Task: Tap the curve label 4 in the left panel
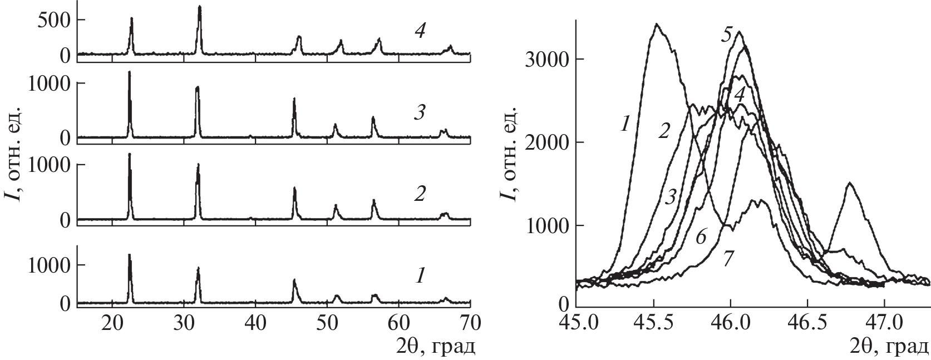pyautogui.click(x=420, y=32)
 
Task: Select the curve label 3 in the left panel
pyautogui.click(x=420, y=114)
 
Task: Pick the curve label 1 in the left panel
pyautogui.click(x=421, y=275)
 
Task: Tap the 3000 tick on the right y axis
pyautogui.click(x=550, y=60)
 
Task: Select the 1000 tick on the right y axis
pyautogui.click(x=550, y=225)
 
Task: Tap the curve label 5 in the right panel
pyautogui.click(x=726, y=36)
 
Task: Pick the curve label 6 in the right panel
pyautogui.click(x=701, y=237)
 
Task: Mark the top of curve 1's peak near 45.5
pyautogui.click(x=657, y=24)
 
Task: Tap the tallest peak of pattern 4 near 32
pyautogui.click(x=199, y=7)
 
